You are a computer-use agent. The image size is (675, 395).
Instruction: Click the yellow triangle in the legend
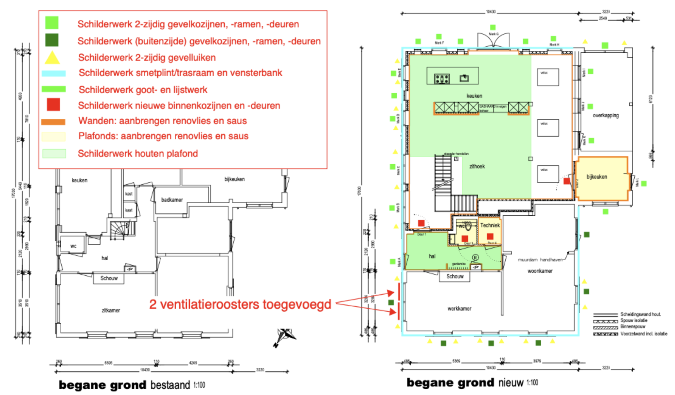(x=52, y=58)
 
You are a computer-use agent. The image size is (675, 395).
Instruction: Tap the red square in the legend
(x=53, y=105)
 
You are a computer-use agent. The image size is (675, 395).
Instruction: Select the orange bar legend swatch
(x=53, y=122)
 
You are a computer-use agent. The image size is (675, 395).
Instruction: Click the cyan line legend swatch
(x=53, y=73)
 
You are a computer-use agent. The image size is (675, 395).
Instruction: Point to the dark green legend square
(x=52, y=40)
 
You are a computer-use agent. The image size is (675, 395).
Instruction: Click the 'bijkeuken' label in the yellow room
(x=597, y=177)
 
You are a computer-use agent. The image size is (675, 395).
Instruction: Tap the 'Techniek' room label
(x=490, y=225)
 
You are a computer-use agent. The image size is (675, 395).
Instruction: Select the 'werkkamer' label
(x=459, y=309)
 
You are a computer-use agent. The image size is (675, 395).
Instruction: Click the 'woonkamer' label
(x=540, y=271)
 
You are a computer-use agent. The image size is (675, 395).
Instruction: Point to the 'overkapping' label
(x=606, y=115)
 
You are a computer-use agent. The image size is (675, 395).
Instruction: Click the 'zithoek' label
(x=477, y=167)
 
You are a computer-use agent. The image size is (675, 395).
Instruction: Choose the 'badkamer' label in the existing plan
(x=172, y=200)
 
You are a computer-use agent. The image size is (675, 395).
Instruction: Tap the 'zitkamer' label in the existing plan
(x=111, y=310)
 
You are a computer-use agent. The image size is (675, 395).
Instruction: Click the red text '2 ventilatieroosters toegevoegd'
(x=240, y=304)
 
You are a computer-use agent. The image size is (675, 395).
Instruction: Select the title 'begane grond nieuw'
(x=472, y=383)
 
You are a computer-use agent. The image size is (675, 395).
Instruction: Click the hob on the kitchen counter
(x=442, y=79)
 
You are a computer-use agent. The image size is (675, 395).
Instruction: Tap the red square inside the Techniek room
(x=490, y=236)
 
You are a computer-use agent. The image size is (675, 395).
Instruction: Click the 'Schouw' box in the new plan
(x=455, y=276)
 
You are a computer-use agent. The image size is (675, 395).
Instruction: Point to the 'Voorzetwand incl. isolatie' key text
(x=644, y=334)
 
